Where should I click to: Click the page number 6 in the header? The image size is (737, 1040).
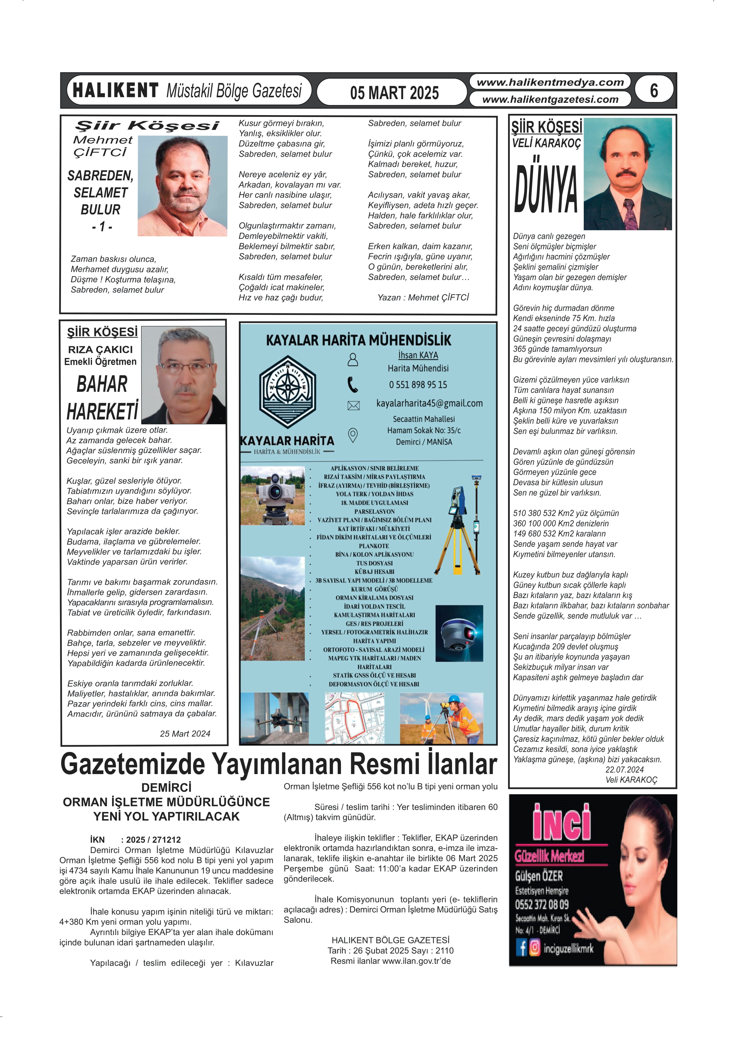pos(654,90)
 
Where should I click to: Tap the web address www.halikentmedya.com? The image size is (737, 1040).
pos(550,82)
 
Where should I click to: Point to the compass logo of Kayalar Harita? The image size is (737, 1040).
pos(287,390)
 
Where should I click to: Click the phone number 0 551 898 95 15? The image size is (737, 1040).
pos(418,384)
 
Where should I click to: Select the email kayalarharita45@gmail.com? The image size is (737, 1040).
pos(429,403)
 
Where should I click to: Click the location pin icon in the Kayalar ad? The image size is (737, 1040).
pos(353,435)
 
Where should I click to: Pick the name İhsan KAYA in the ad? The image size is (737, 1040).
pos(418,355)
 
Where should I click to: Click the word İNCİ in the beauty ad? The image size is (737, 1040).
pos(562,822)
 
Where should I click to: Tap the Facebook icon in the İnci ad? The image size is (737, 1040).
pos(521,947)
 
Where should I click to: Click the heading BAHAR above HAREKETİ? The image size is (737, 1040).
pos(102,384)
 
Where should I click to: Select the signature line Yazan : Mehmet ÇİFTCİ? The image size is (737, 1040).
pos(423,297)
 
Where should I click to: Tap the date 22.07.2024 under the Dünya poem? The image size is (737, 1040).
pos(624,769)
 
